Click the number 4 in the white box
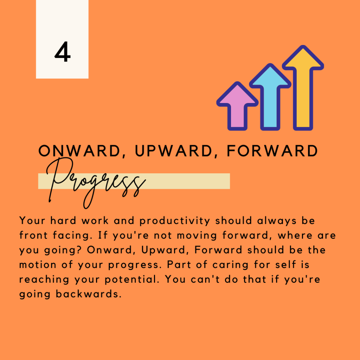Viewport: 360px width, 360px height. click(x=63, y=52)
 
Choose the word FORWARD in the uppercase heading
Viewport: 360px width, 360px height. click(x=272, y=151)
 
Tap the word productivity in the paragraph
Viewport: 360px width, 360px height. click(x=175, y=221)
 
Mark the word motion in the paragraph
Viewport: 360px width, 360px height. click(x=38, y=265)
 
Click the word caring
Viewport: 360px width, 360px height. click(x=230, y=265)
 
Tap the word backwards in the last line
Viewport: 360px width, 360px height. click(x=89, y=294)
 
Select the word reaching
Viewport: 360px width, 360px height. click(x=44, y=279)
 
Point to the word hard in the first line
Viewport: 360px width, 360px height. click(x=63, y=221)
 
